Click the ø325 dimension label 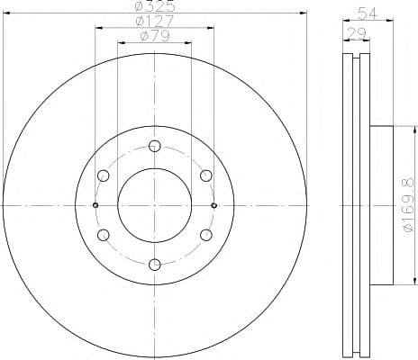coord(155,6)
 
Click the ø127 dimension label coord(155,21)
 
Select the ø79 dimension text coord(155,36)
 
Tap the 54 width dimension coord(367,13)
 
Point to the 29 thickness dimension coord(357,32)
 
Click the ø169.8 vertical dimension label coord(409,205)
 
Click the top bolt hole coord(155,146)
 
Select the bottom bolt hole coord(155,265)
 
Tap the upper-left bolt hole coord(104,175)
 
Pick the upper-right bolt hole coord(206,175)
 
